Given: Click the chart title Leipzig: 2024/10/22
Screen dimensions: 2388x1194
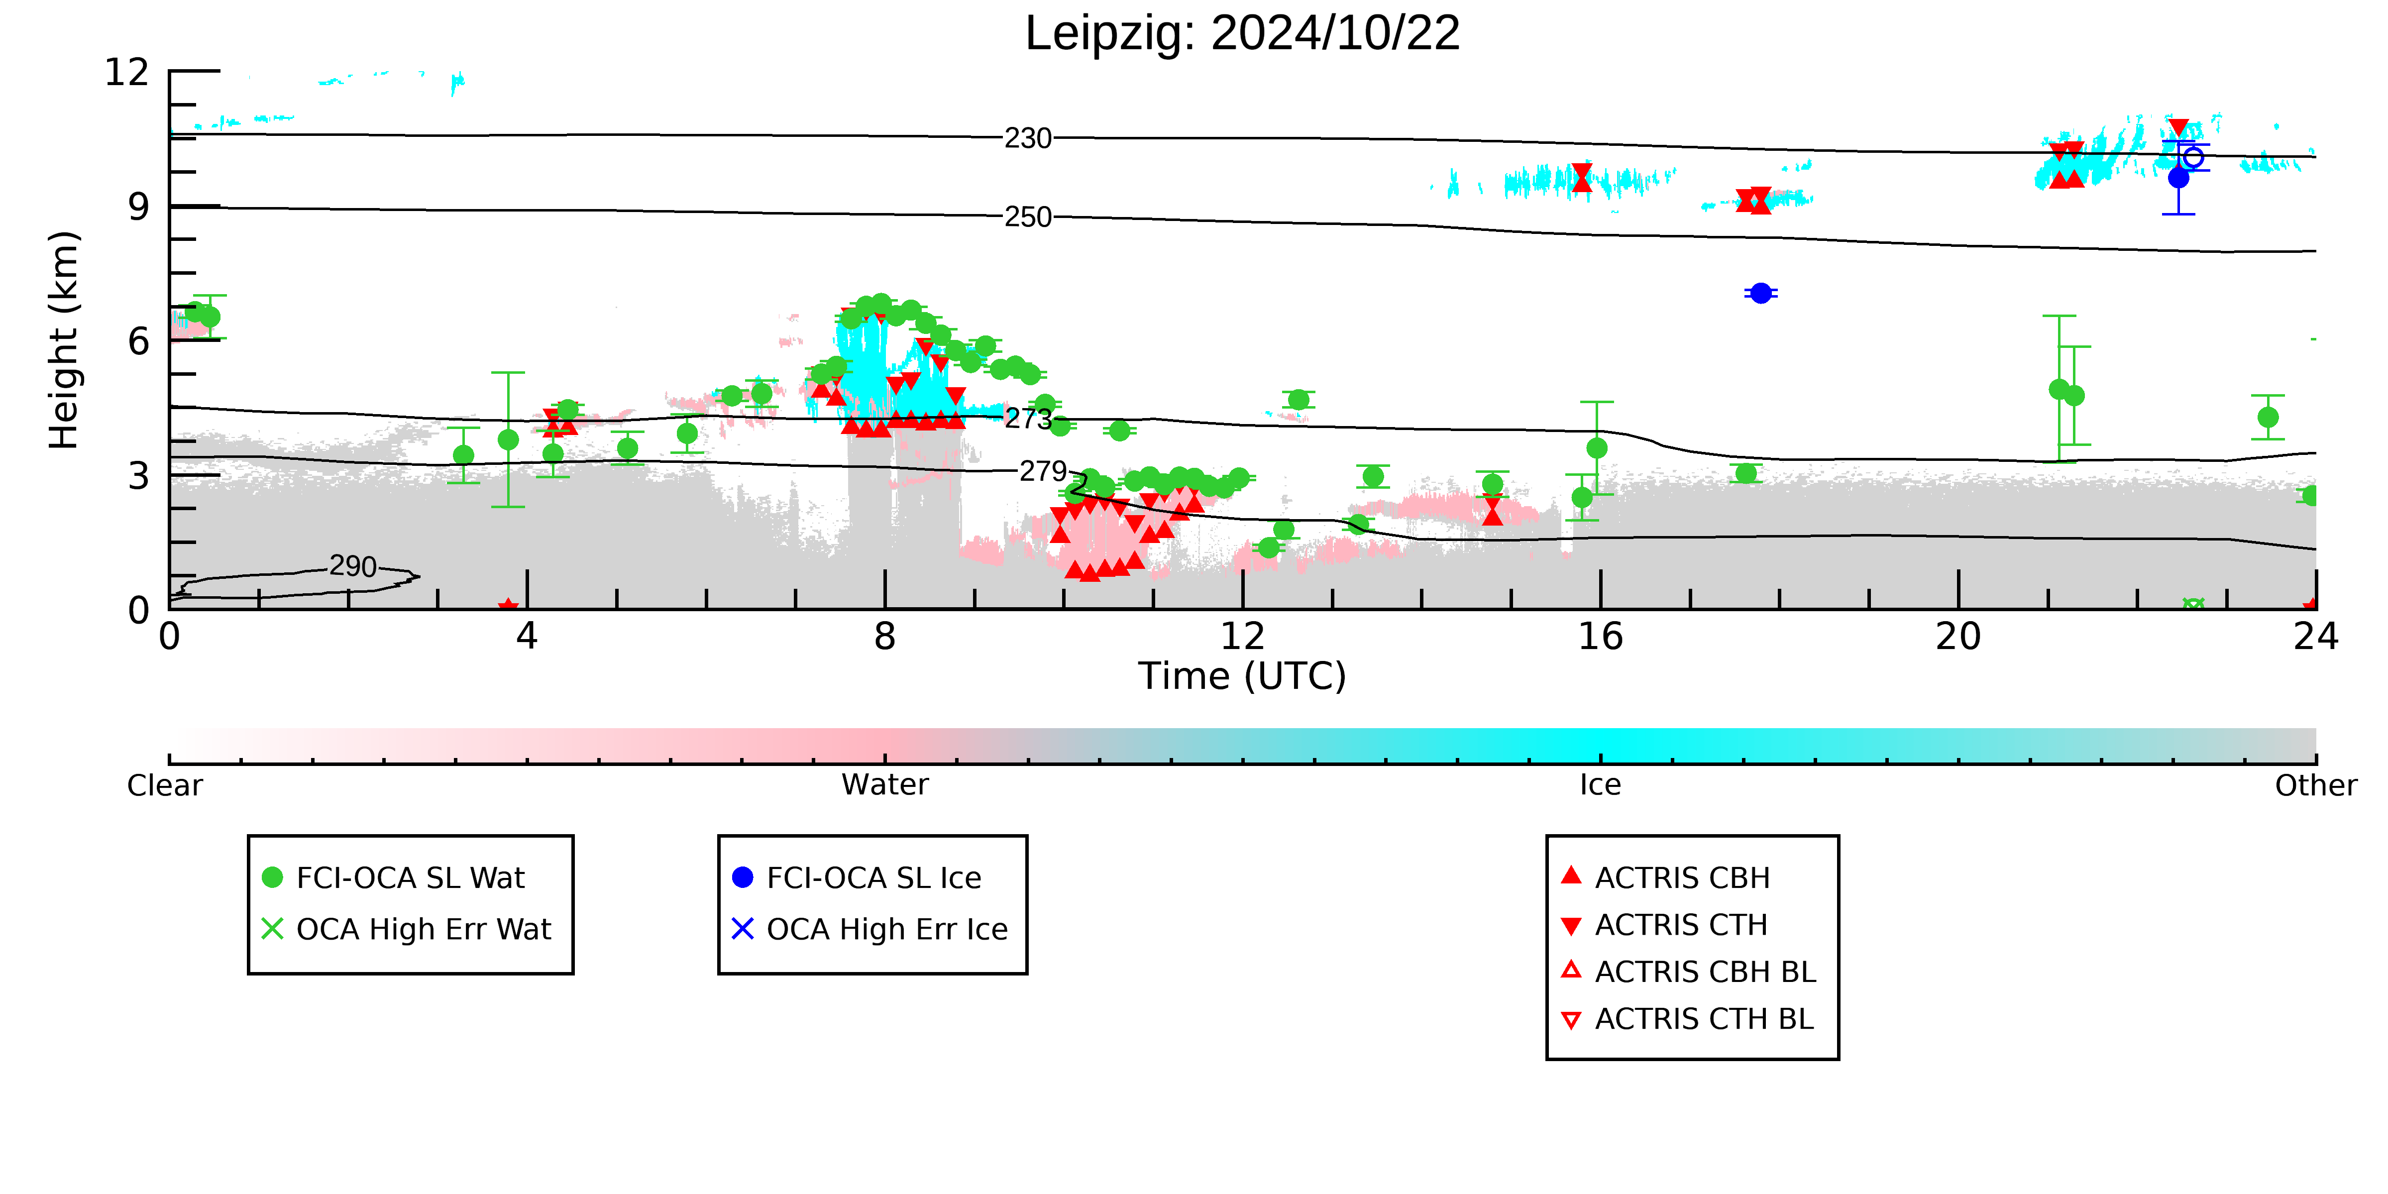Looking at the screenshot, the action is pyautogui.click(x=1242, y=34).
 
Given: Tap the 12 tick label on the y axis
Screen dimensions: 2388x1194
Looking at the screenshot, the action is pyautogui.click(x=127, y=72).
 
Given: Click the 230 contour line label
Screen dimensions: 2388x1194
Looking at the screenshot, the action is pyautogui.click(x=1028, y=139).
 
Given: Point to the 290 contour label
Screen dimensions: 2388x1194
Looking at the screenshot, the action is pyautogui.click(x=353, y=566).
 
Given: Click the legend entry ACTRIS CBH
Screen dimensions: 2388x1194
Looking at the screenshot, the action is pyautogui.click(x=1666, y=878).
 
